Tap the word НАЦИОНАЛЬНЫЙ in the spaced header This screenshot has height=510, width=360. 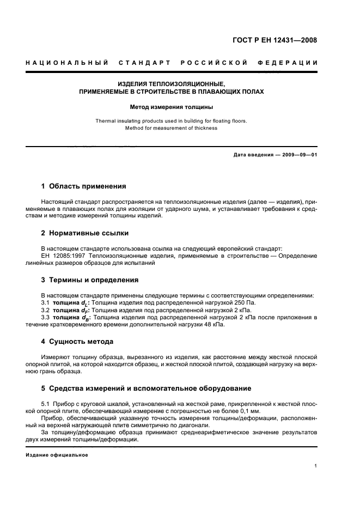(66, 63)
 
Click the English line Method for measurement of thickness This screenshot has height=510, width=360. (171, 128)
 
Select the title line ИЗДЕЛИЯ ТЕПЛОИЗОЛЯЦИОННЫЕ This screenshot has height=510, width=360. (171, 84)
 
